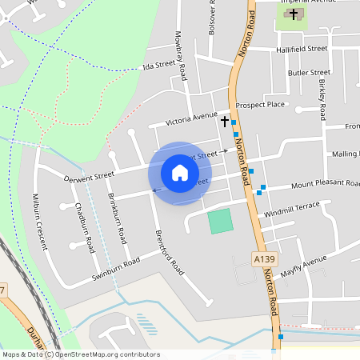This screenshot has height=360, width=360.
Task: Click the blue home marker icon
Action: [x=180, y=173]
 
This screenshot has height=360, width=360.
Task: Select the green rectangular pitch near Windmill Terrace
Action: [x=220, y=221]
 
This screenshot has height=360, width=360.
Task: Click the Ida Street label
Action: [x=158, y=65]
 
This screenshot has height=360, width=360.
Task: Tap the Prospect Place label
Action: [x=261, y=105]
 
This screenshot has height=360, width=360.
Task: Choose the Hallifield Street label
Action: [x=302, y=49]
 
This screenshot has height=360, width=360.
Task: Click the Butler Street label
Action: [x=309, y=72]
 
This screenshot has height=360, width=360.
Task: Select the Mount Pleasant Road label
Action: [x=325, y=185]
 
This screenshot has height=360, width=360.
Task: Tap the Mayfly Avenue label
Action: [x=304, y=265]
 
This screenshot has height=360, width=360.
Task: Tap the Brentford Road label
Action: [x=168, y=253]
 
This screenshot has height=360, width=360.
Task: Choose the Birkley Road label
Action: [x=322, y=96]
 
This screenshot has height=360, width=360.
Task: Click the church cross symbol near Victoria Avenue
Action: [x=225, y=121]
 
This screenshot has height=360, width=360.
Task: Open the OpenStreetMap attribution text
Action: [x=80, y=354]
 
